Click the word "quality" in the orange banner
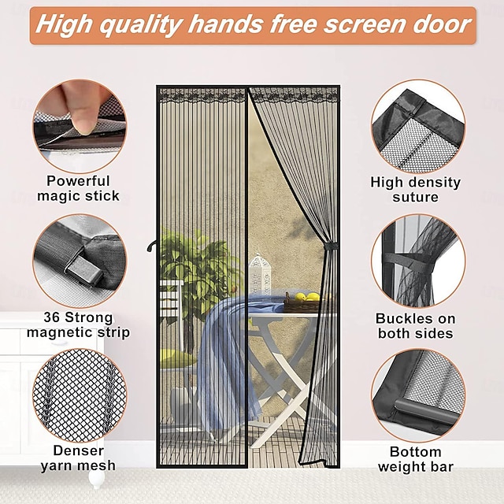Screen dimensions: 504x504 click(140, 26)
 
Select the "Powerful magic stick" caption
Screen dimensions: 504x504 click(78, 188)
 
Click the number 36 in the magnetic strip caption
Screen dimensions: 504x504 click(51, 317)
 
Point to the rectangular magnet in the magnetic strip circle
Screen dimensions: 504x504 click(85, 270)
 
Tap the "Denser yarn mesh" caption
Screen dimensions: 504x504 click(78, 458)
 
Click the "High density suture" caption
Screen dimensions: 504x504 click(416, 190)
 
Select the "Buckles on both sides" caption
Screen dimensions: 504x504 click(416, 326)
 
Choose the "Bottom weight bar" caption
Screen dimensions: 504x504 click(416, 459)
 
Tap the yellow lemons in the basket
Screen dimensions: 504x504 click(307, 297)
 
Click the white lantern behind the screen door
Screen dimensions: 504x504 click(260, 275)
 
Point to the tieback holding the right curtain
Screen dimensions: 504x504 click(331, 246)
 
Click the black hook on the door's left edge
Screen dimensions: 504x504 click(152, 246)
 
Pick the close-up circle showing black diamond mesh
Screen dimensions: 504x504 click(80, 395)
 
